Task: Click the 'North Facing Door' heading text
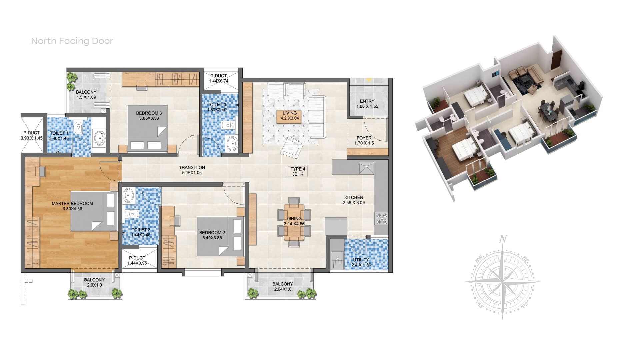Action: [x=72, y=41]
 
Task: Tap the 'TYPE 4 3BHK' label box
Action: [x=297, y=171]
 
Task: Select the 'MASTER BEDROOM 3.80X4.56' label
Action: [x=72, y=206]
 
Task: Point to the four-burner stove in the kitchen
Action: [x=382, y=218]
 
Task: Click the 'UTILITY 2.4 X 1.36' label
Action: [x=361, y=262]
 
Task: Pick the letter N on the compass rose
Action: [x=503, y=239]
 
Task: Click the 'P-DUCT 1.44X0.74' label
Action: [x=218, y=78]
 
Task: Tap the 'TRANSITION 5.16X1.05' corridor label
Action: [x=192, y=170]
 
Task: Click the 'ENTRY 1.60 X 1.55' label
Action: [x=367, y=104]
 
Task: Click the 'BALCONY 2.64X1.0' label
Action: [x=282, y=286]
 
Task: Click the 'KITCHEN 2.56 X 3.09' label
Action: [x=354, y=200]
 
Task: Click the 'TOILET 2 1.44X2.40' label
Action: [x=141, y=232]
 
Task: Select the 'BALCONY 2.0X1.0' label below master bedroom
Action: [x=94, y=282]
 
